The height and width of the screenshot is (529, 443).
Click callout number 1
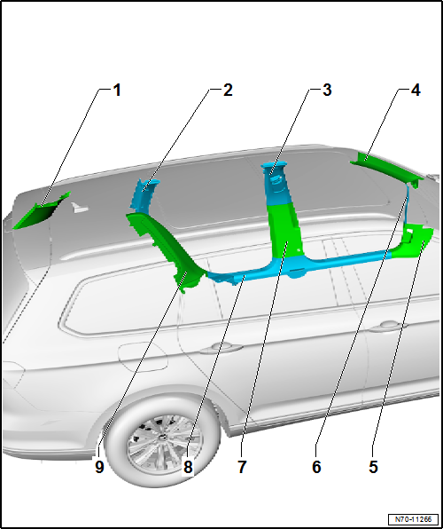tap(116, 90)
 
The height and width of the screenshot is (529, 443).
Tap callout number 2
tap(228, 90)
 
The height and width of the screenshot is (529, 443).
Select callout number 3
tap(327, 90)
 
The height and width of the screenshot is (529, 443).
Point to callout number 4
tap(415, 90)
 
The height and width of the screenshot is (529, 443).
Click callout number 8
tap(188, 466)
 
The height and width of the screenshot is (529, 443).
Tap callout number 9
tap(99, 466)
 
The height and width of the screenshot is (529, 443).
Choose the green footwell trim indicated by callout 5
tap(416, 241)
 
